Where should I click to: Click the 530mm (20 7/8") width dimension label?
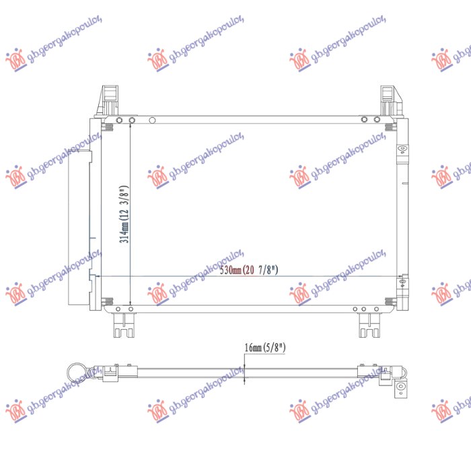[250, 270]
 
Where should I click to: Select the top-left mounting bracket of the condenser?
[108, 101]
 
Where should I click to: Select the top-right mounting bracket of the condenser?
[388, 101]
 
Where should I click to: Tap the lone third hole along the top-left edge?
[152, 120]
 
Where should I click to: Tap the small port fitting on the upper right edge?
[401, 149]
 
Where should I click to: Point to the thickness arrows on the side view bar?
[244, 368]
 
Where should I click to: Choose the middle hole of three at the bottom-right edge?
[363, 309]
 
